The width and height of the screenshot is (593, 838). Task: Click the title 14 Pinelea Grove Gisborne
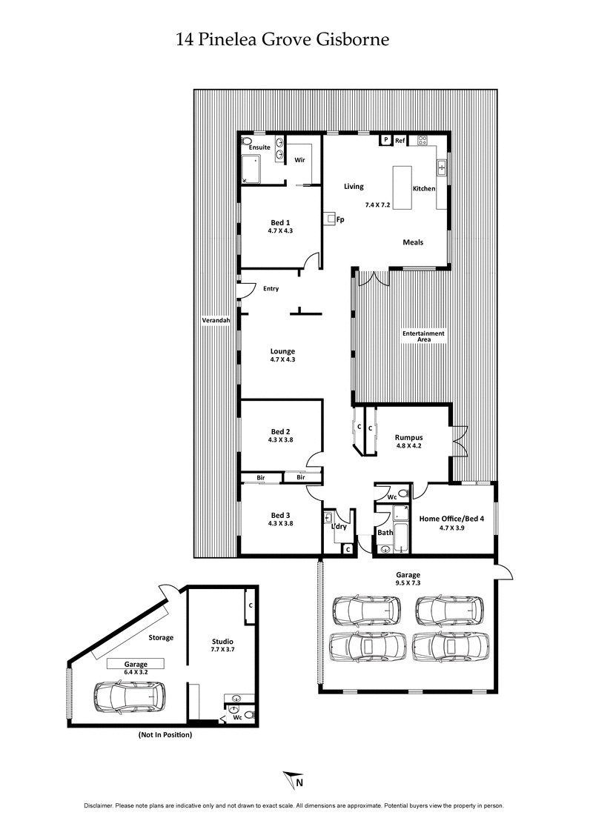(282, 39)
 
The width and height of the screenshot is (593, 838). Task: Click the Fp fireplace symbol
(331, 219)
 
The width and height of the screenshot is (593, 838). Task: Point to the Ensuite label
(259, 147)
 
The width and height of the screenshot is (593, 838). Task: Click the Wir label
(300, 159)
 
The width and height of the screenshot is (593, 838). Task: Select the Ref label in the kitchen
(400, 140)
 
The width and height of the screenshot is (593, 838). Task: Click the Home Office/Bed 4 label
(451, 519)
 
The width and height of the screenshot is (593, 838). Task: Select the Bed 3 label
(279, 515)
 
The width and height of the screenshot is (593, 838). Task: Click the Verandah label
(216, 320)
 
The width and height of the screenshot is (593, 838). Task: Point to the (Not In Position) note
(165, 735)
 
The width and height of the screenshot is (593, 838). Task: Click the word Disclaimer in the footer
(102, 805)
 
